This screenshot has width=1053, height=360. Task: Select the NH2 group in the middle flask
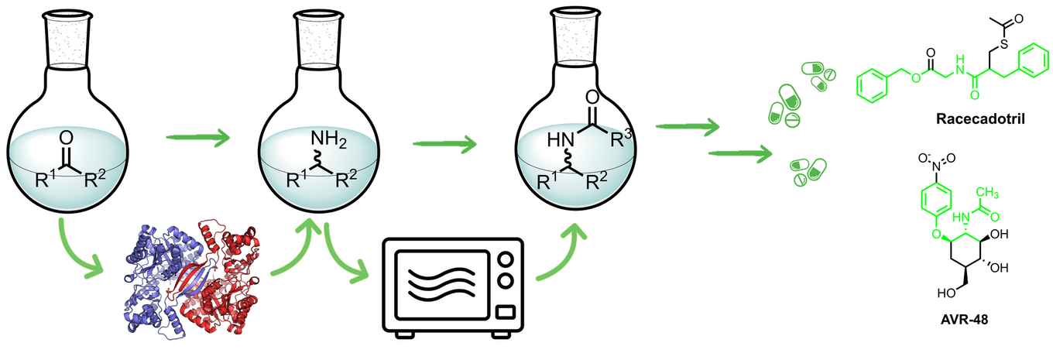[x=328, y=142]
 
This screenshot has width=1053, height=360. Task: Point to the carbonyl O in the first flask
[x=67, y=138]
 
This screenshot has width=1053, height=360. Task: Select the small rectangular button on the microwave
[x=504, y=313]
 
